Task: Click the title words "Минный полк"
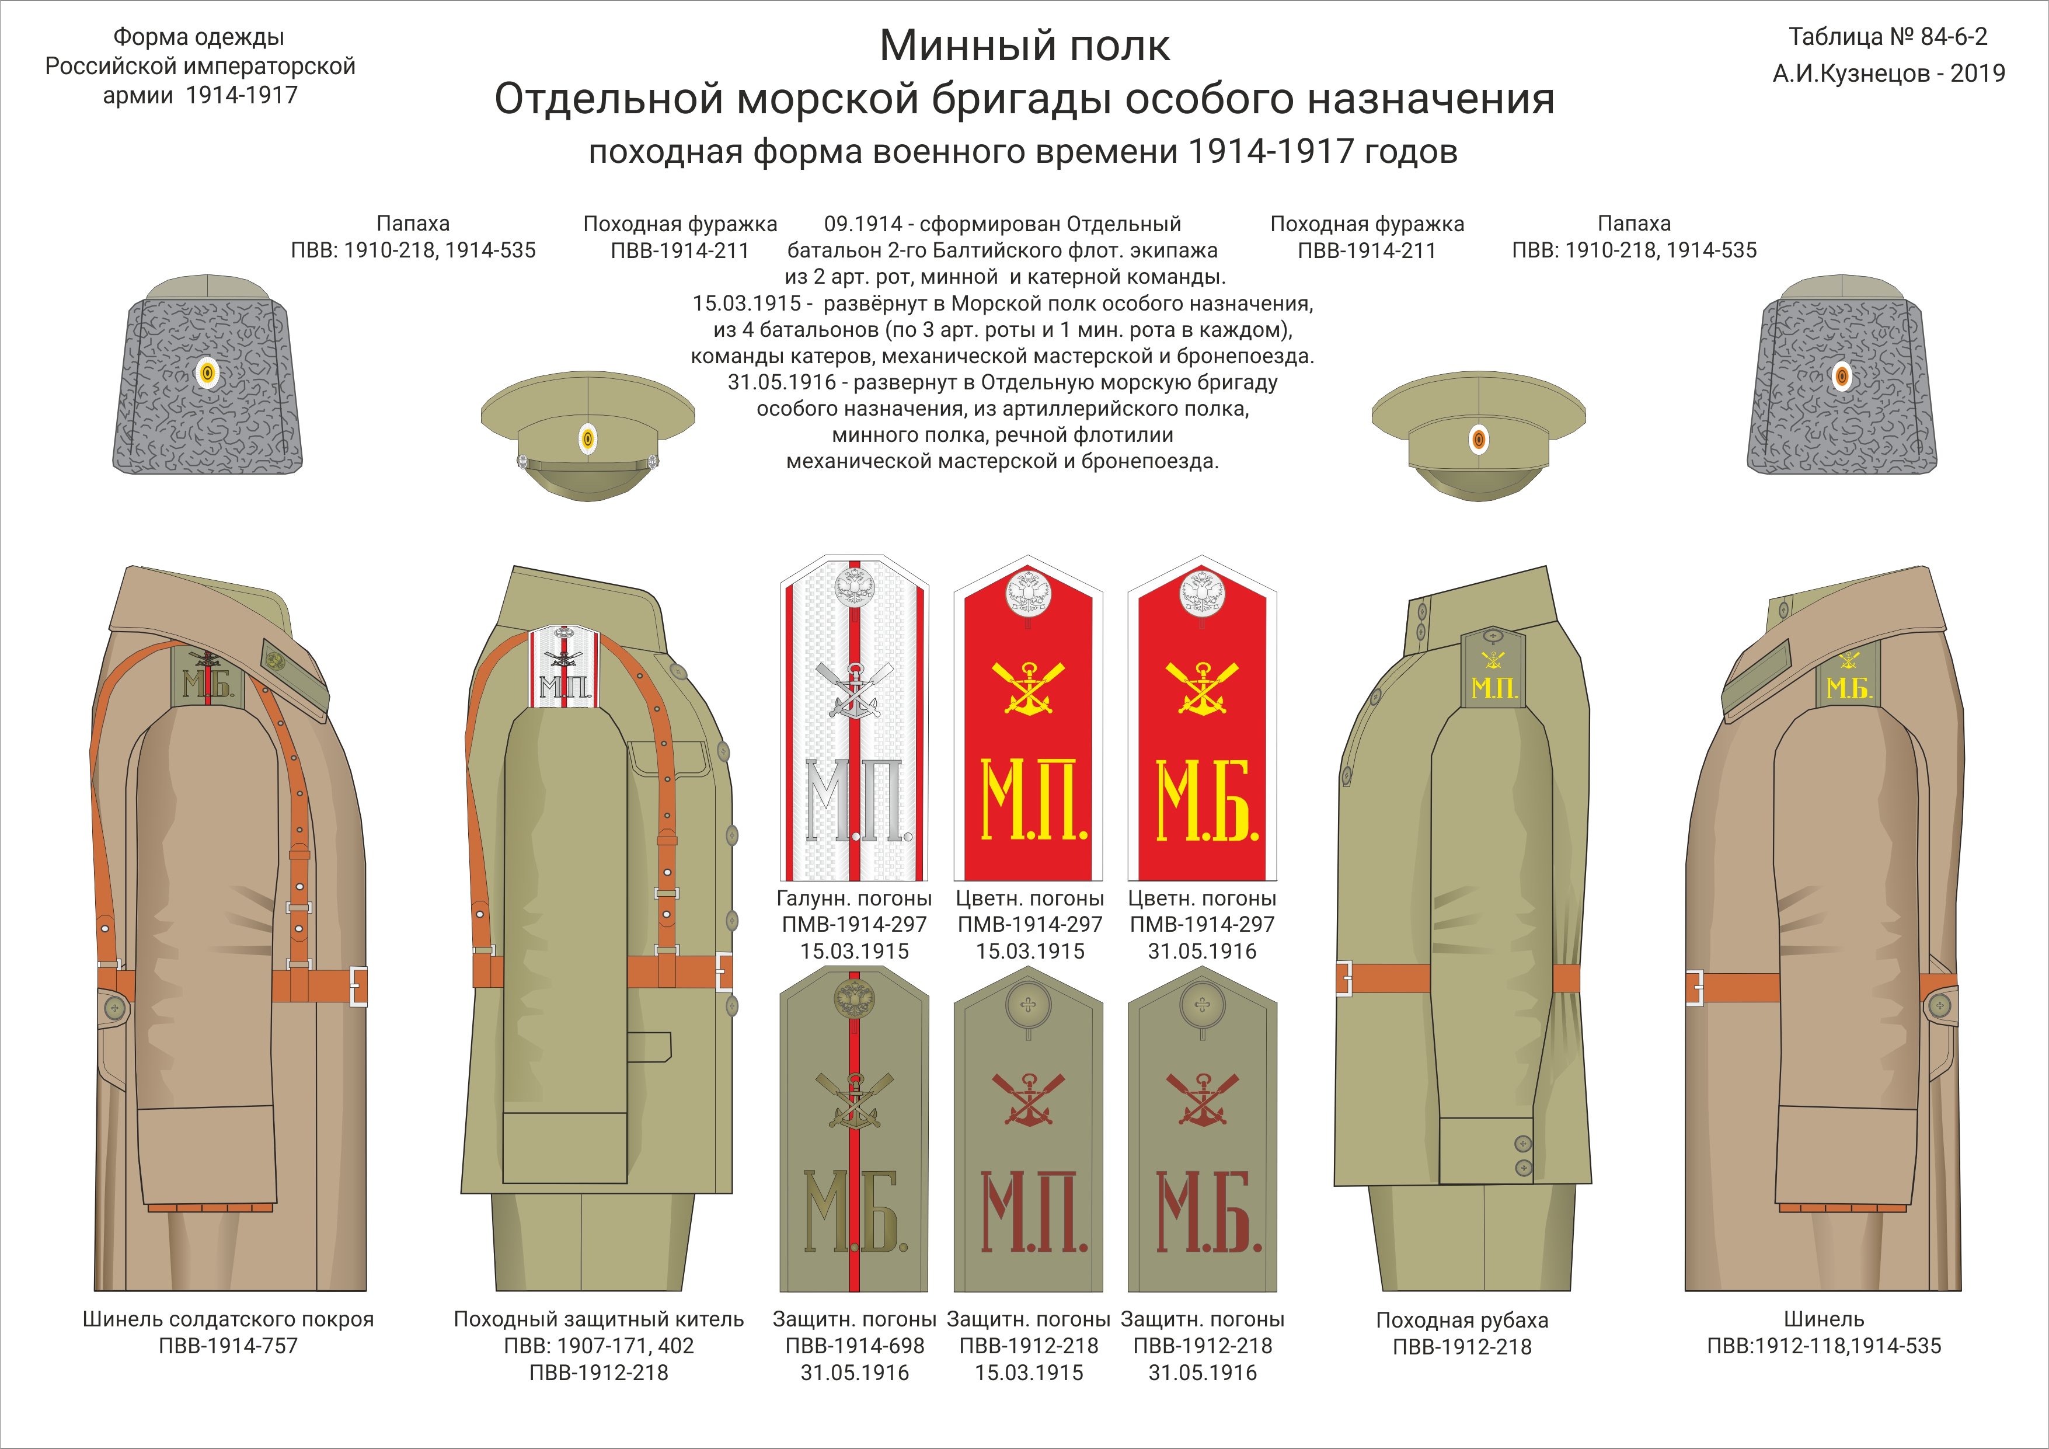pyautogui.click(x=1024, y=46)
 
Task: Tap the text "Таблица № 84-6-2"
pyautogui.click(x=1887, y=37)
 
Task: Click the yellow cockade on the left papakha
pyautogui.click(x=207, y=373)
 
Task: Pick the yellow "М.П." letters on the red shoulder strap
pyautogui.click(x=1033, y=800)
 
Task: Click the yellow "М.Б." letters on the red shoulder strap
pyautogui.click(x=1207, y=800)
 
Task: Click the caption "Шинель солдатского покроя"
pyautogui.click(x=228, y=1319)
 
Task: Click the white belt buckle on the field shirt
pyautogui.click(x=1343, y=978)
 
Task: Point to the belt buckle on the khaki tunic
pyautogui.click(x=724, y=971)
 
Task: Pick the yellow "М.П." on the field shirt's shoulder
pyautogui.click(x=1494, y=688)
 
